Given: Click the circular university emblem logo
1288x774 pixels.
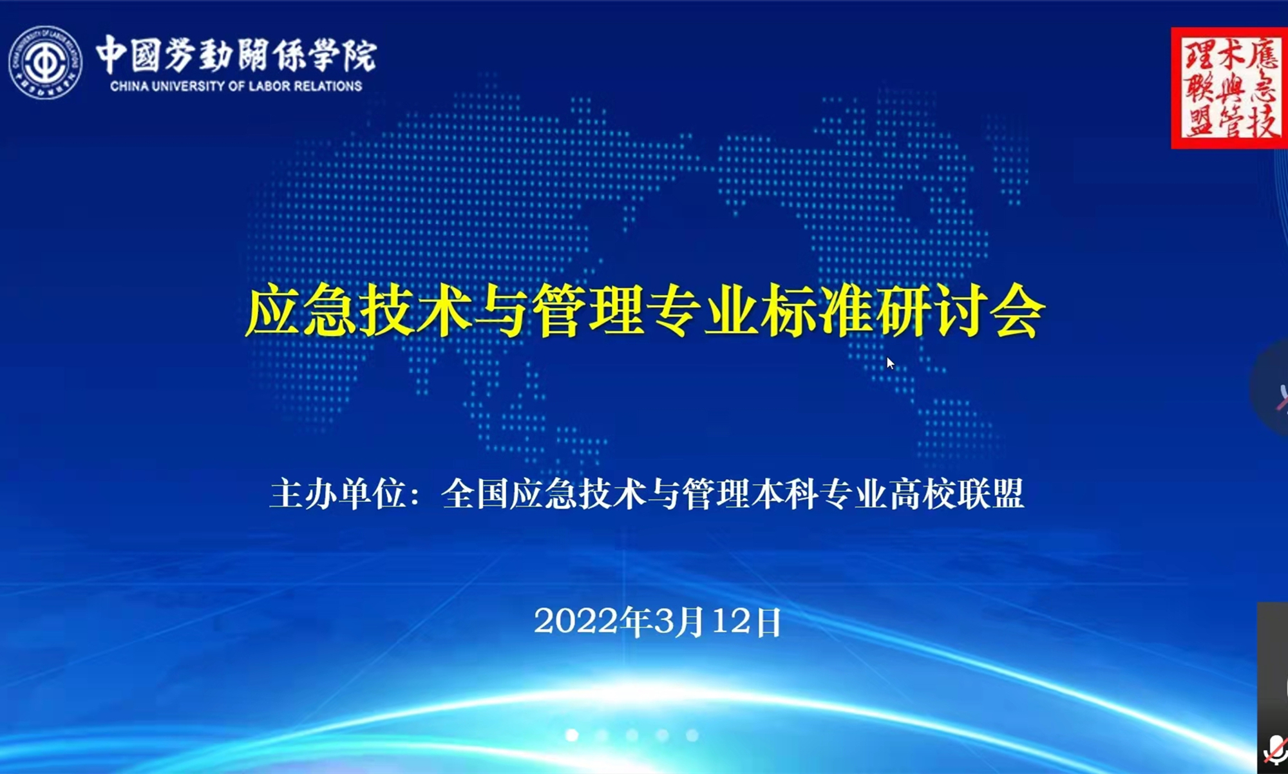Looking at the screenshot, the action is (x=45, y=62).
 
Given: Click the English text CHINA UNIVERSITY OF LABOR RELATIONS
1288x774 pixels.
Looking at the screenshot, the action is (x=236, y=86).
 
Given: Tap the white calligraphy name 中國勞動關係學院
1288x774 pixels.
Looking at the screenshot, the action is (x=236, y=55).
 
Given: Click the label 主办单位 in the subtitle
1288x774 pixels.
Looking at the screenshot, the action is (x=338, y=495).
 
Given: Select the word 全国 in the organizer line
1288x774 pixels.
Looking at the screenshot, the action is (x=475, y=495).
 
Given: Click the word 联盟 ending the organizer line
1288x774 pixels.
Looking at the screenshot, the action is (x=990, y=495).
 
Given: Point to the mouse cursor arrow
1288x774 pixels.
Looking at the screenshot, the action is (x=890, y=363).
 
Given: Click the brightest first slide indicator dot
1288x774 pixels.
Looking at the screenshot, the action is (x=572, y=735).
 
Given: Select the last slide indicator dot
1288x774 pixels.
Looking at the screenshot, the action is (x=692, y=735).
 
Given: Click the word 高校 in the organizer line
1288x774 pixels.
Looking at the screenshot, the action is (x=922, y=495).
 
